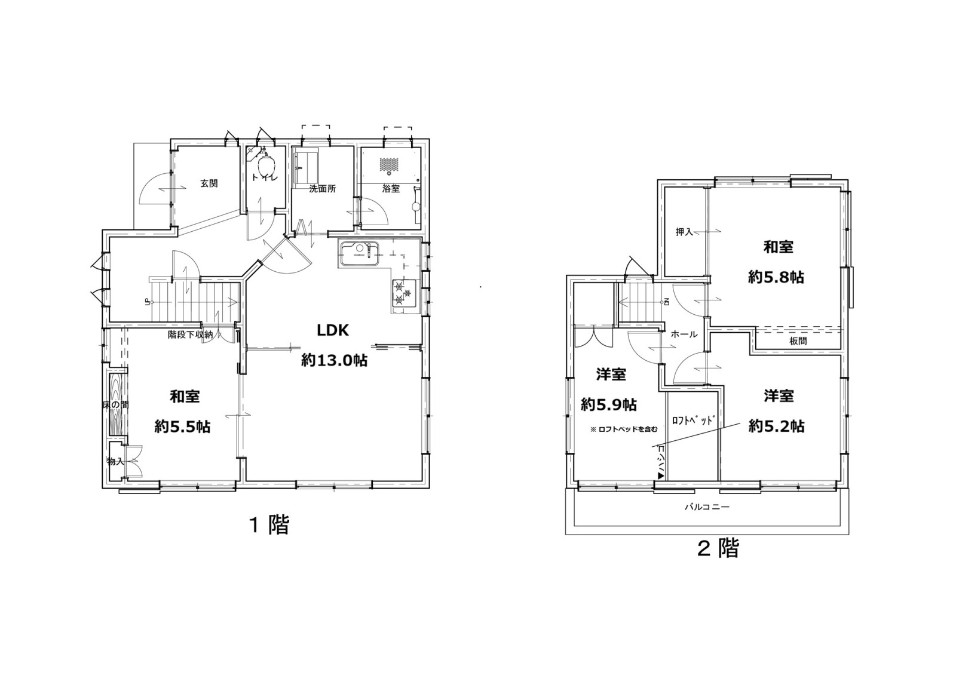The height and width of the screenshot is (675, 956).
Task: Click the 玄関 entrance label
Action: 209,183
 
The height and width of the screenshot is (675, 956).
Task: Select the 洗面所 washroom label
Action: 323,189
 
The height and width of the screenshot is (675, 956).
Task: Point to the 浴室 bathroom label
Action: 391,189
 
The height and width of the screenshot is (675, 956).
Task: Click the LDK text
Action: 332,330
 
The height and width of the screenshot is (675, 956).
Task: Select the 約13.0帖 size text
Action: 334,361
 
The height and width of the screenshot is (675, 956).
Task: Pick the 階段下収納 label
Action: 190,335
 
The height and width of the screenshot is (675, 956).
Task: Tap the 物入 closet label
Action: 115,461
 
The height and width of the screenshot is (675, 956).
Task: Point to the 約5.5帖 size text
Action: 182,427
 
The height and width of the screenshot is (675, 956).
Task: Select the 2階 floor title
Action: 718,549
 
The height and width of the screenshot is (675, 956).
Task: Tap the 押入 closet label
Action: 685,232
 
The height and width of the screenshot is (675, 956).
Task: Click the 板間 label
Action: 798,341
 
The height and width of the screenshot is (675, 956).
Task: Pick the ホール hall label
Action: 684,334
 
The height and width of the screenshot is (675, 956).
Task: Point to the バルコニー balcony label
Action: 707,507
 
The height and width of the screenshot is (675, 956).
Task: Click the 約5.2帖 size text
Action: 777,427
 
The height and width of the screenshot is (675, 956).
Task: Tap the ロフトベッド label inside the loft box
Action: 693,421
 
